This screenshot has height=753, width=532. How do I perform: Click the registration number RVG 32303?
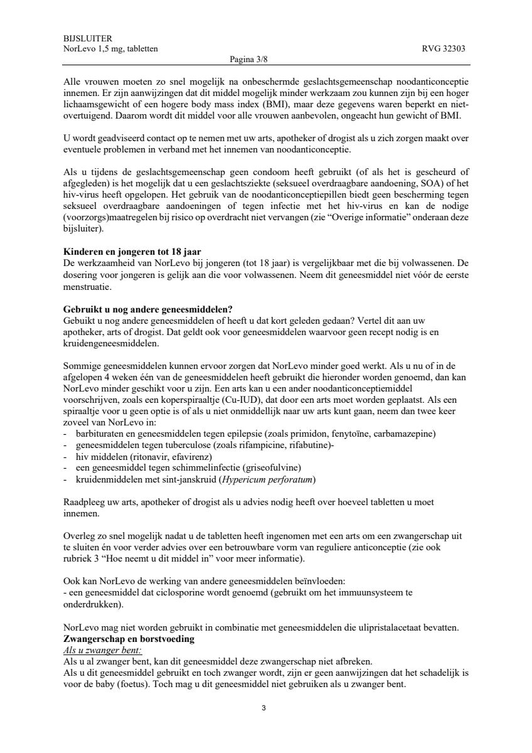coord(445,49)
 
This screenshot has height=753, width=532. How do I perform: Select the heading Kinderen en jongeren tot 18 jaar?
coord(132,252)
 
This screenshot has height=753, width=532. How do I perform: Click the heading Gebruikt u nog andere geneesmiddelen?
coord(148,309)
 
